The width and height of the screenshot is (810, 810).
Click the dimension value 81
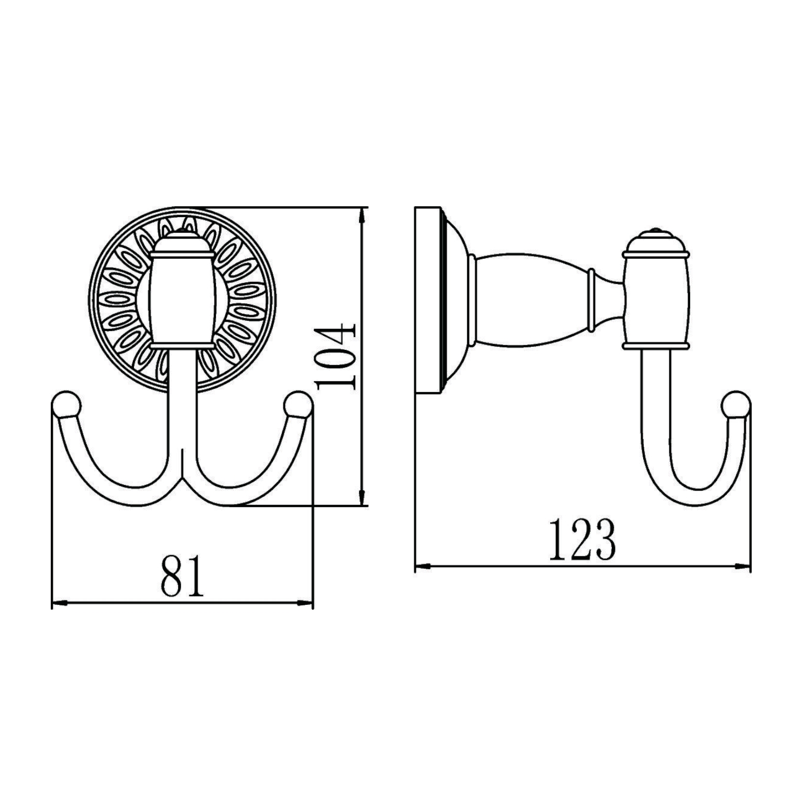click(x=183, y=574)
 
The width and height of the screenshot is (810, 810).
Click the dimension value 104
click(x=336, y=356)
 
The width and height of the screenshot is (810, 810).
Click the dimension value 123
click(x=582, y=540)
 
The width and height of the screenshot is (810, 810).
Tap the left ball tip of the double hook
click(x=67, y=405)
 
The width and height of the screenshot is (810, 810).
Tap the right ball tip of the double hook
click(x=298, y=405)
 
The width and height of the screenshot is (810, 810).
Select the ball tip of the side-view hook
click(x=735, y=405)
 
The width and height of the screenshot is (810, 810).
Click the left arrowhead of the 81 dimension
click(x=58, y=604)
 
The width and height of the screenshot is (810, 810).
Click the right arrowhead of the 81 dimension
click(x=306, y=604)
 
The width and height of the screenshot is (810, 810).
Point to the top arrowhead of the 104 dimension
click(x=363, y=214)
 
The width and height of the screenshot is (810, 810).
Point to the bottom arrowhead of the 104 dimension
click(x=363, y=498)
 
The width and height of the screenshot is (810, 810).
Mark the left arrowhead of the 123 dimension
click(x=422, y=566)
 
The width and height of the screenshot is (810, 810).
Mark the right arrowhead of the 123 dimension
click(x=744, y=566)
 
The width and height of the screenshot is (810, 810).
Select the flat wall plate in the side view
click(x=428, y=300)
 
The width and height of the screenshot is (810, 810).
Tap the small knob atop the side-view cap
click(x=656, y=232)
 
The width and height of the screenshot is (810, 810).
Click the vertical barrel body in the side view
click(x=656, y=300)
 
